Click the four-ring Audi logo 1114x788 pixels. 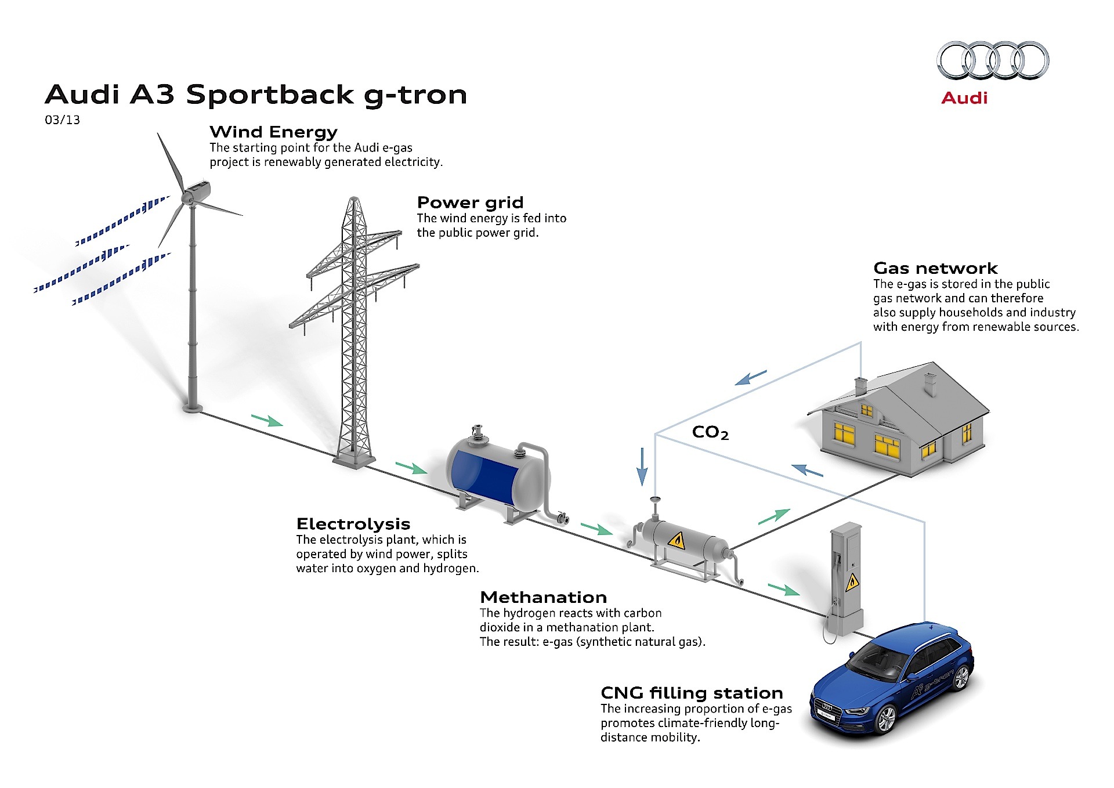(x=993, y=60)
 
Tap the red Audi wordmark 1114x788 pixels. (x=964, y=98)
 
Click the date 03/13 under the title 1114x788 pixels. (x=62, y=120)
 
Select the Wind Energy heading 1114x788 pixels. (x=273, y=132)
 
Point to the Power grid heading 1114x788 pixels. (x=470, y=203)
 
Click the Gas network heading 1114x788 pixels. (x=935, y=268)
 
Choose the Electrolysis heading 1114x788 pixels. (x=353, y=524)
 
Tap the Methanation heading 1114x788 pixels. (x=543, y=597)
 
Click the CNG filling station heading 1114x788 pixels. (x=692, y=693)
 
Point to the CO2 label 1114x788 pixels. (x=710, y=432)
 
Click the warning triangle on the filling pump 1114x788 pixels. (x=852, y=582)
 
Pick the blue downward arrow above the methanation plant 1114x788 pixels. (x=642, y=467)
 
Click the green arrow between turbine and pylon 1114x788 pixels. (x=267, y=420)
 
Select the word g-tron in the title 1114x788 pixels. (x=415, y=95)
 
